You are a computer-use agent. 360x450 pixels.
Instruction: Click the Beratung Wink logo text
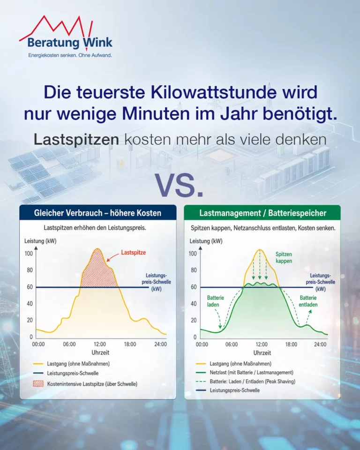click(x=70, y=43)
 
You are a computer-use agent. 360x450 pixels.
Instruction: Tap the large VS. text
click(x=179, y=185)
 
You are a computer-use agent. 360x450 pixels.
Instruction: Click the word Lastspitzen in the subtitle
click(x=76, y=140)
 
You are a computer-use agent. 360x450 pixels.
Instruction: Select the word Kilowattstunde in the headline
click(x=214, y=92)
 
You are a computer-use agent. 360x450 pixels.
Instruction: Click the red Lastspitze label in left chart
click(x=133, y=253)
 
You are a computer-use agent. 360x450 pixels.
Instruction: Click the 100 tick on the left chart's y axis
click(x=29, y=254)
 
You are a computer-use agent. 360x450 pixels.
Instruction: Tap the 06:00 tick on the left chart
click(x=69, y=344)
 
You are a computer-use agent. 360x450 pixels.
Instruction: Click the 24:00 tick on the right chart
click(x=320, y=345)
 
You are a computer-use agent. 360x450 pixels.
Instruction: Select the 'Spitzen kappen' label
click(x=284, y=258)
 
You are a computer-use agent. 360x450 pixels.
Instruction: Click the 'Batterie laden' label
click(x=215, y=301)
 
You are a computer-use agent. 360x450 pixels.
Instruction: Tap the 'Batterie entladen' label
click(x=308, y=301)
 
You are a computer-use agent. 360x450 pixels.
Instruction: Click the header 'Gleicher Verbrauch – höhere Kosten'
click(x=97, y=213)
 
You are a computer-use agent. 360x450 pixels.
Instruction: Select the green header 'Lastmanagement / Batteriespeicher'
click(x=262, y=213)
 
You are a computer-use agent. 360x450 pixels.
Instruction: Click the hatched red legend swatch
click(x=38, y=384)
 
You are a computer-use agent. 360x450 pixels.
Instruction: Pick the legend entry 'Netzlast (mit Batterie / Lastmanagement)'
click(x=251, y=373)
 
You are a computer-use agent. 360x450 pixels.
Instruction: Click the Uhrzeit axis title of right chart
click(x=262, y=352)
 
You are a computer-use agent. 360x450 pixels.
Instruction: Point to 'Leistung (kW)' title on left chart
click(x=40, y=241)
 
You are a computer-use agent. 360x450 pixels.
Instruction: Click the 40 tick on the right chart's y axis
click(x=194, y=304)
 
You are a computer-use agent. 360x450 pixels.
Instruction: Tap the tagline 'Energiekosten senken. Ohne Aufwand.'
click(x=70, y=55)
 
